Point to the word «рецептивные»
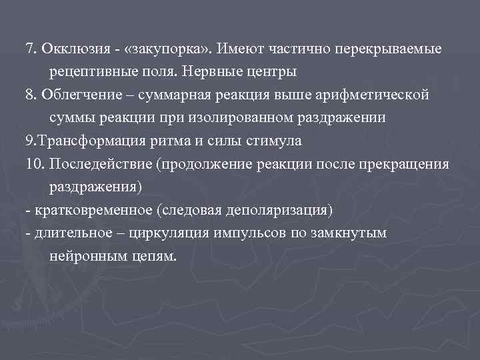[87, 71]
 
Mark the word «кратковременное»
[84, 211]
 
